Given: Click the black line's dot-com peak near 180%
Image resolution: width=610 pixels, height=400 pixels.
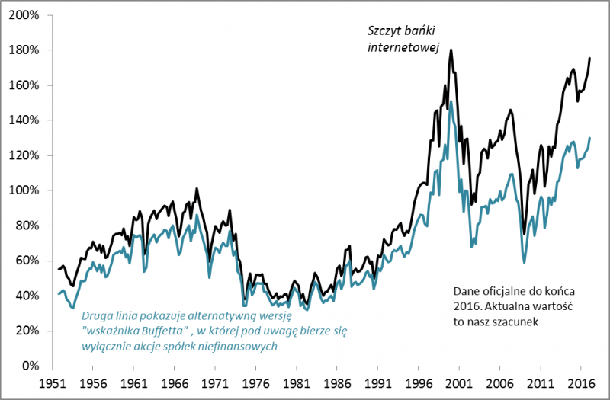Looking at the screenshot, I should [x=451, y=50].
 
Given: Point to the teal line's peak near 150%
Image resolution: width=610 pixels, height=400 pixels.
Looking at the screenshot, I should [x=451, y=101].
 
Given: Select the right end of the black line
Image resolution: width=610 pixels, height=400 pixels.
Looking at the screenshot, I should [x=589, y=58].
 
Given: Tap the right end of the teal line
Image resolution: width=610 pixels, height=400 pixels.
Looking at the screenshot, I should [x=589, y=138].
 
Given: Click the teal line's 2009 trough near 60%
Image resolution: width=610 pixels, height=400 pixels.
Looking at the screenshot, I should [x=524, y=263].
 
